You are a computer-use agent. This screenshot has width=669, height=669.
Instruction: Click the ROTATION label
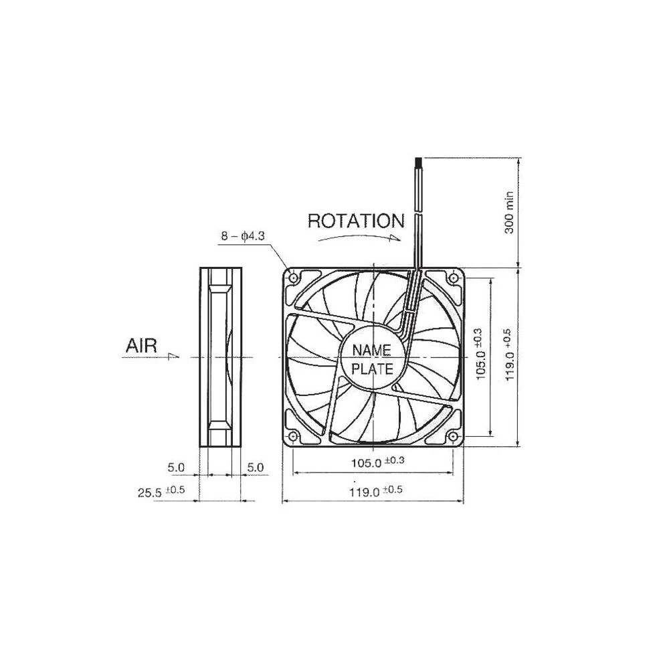(356, 221)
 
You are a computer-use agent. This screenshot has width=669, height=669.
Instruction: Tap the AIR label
(141, 346)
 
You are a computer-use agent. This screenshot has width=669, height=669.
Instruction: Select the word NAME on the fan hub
(375, 350)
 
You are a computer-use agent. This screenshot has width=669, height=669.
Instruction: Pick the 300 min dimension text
(509, 213)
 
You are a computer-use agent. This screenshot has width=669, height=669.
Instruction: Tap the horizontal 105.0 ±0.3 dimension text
(377, 462)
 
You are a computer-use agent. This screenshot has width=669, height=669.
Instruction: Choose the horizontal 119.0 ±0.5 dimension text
(377, 491)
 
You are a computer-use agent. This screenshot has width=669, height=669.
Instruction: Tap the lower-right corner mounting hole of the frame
(454, 436)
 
